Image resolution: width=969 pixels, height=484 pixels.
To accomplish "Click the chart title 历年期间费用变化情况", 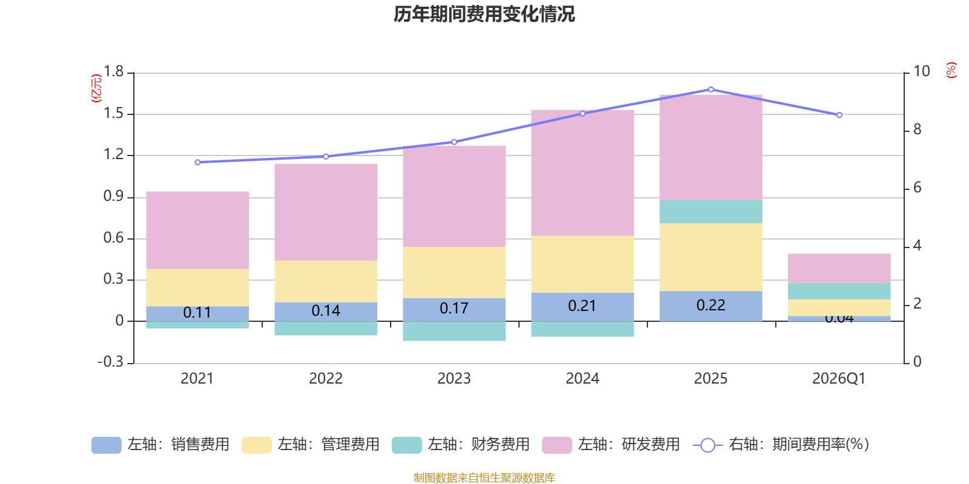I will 484,14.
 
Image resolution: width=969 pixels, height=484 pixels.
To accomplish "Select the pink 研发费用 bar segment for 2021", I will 197,230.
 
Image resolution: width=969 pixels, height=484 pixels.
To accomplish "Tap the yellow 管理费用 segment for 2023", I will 454,272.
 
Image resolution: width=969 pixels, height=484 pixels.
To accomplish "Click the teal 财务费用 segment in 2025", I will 710,211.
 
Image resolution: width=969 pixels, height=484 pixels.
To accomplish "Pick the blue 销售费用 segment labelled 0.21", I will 582,307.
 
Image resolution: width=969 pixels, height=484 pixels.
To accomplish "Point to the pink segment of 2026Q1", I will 839,268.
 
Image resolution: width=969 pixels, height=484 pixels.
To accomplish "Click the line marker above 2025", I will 711,90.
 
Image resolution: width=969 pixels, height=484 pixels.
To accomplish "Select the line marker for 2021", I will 197,162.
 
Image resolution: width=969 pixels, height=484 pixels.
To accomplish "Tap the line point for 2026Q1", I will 839,115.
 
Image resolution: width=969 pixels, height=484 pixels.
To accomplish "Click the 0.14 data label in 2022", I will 326,311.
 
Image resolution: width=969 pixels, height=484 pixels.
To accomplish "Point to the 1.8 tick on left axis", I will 113,72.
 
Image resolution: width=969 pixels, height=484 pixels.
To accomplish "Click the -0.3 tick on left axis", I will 111,362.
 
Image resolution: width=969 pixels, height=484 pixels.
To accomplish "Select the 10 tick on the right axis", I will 921,72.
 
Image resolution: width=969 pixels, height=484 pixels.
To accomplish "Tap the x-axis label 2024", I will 582,379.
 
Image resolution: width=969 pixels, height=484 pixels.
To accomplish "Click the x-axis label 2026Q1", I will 839,379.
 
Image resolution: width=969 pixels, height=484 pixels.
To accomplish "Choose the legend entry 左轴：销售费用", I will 161,445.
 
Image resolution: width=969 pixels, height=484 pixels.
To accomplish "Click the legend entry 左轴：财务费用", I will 461,445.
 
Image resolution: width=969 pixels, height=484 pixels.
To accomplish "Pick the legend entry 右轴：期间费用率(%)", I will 781,445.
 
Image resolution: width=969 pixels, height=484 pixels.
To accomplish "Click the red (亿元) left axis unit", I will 96,88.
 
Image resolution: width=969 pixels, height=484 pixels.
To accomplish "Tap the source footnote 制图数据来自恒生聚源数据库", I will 484,478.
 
